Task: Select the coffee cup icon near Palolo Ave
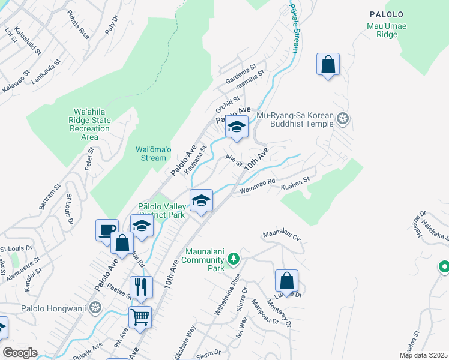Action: [x=107, y=230]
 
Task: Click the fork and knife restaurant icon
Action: [x=141, y=286]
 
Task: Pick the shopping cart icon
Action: [x=140, y=316]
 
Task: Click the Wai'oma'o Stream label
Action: [x=151, y=154]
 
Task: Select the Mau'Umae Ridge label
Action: [x=382, y=30]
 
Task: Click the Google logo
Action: [x=20, y=353]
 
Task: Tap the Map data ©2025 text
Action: [x=423, y=355]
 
